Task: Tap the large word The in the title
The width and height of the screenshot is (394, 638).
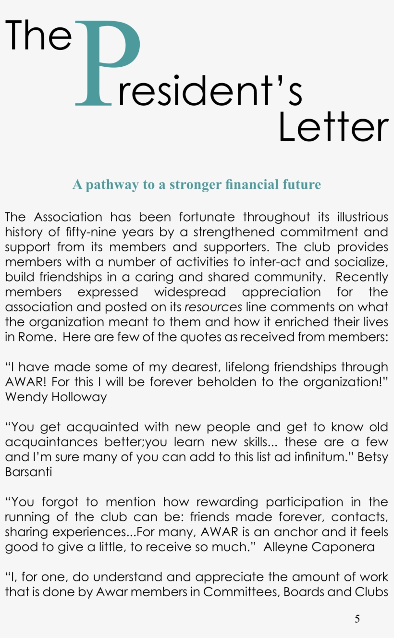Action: (38, 36)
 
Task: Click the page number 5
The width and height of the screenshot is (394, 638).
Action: (357, 619)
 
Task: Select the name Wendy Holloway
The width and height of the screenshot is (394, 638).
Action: (56, 397)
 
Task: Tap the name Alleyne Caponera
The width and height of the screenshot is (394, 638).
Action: (319, 547)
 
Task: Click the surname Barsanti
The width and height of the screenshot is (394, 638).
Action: (28, 472)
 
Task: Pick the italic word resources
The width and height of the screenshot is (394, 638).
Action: (213, 307)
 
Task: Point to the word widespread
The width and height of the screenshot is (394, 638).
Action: (190, 292)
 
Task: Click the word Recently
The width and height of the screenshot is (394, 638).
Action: (361, 277)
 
